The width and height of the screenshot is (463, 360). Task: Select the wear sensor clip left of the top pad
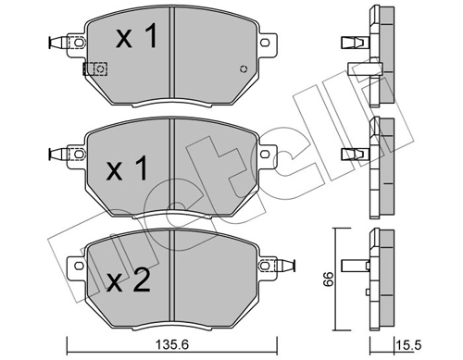[60, 42]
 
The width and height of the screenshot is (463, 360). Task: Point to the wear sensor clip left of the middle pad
[60, 154]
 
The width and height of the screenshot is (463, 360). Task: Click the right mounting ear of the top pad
[268, 43]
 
